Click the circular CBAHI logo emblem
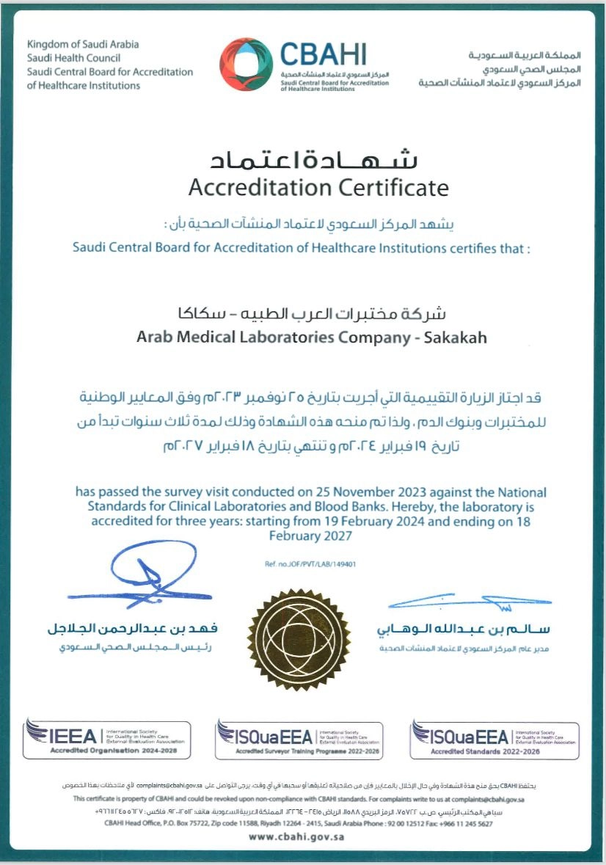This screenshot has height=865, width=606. coord(247,64)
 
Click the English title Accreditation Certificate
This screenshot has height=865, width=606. coord(318,188)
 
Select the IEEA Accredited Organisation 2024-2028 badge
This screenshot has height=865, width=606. coord(107,739)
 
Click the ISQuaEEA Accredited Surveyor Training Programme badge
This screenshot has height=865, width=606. coord(299,740)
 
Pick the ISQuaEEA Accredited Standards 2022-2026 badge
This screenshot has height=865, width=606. coord(494,740)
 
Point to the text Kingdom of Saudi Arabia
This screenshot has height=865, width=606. coord(83,45)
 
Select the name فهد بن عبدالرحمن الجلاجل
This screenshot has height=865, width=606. coord(132,629)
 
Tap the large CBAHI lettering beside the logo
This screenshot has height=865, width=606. coord(323,54)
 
